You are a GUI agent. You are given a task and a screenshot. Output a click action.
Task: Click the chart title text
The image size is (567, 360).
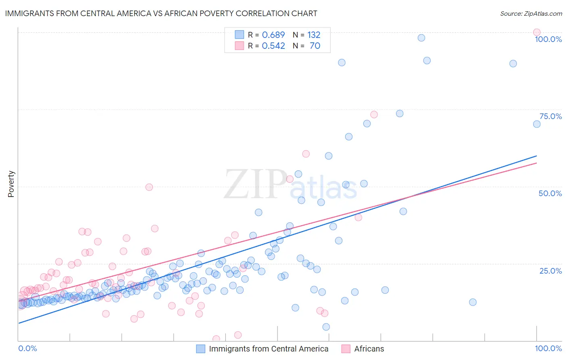tap(161, 13)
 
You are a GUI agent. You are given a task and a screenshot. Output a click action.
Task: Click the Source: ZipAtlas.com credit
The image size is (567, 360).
tap(531, 13)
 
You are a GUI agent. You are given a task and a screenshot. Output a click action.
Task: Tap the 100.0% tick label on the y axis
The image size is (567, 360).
tap(548, 39)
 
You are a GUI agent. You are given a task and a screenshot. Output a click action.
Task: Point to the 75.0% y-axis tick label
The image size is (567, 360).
tap(550, 116)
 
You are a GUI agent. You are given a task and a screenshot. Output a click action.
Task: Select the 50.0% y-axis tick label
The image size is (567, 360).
tap(550, 193)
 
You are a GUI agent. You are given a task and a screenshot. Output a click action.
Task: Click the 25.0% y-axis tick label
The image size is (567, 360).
tap(550, 270)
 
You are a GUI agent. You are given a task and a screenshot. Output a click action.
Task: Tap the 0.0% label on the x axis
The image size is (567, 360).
tap(27, 348)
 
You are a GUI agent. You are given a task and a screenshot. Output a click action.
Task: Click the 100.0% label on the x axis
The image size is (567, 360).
tap(548, 348)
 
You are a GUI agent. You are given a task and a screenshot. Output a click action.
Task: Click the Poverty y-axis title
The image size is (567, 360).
tap(11, 184)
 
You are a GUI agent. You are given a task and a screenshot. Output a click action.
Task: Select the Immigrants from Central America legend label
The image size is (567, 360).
tap(269, 349)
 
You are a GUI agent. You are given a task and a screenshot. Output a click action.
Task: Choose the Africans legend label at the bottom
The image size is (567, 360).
tap(369, 349)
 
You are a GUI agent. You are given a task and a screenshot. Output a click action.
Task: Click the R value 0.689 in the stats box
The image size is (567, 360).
tap(273, 35)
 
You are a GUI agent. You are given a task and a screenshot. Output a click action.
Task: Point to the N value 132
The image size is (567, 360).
tap(314, 35)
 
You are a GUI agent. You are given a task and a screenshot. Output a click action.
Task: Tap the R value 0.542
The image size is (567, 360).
tap(273, 46)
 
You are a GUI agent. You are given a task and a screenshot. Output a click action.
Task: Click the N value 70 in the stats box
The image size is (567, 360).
tap(315, 46)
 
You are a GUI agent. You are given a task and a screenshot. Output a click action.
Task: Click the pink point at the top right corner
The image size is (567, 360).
tap(536, 32)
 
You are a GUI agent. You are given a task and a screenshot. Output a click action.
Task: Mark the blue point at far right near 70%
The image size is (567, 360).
tap(536, 124)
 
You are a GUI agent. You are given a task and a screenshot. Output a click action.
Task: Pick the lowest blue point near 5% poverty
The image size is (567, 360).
tap(326, 327)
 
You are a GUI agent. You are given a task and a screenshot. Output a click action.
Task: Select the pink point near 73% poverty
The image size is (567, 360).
tap(374, 115)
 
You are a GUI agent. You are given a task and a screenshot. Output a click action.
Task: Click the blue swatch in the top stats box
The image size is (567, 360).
tap(240, 35)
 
